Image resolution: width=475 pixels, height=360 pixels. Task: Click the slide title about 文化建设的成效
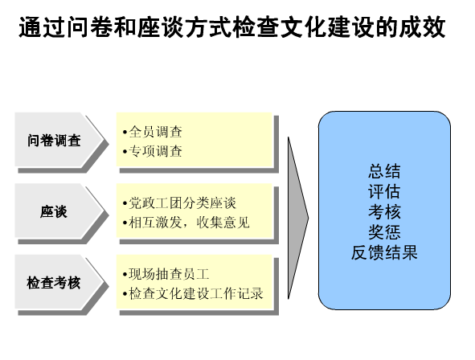click(x=232, y=27)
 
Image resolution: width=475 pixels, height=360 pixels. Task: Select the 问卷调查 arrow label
click(x=54, y=141)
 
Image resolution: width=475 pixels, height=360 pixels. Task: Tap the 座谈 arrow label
click(x=54, y=211)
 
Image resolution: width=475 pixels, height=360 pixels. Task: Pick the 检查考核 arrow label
click(x=54, y=283)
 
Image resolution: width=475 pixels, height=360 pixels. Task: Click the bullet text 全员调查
click(x=156, y=132)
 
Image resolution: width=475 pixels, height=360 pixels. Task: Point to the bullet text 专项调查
click(x=156, y=151)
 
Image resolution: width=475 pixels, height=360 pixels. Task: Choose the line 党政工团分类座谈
click(x=182, y=202)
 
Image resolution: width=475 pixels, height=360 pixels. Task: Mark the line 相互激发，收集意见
click(x=190, y=223)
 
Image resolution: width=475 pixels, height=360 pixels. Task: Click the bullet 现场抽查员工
click(x=169, y=274)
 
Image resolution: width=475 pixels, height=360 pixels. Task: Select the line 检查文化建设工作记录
click(x=196, y=293)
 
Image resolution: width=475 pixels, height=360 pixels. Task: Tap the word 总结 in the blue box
click(x=384, y=171)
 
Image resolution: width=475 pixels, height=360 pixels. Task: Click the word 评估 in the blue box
click(x=384, y=191)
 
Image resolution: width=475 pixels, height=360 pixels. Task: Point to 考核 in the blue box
click(x=384, y=211)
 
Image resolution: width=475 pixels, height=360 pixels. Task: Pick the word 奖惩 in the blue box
click(x=384, y=232)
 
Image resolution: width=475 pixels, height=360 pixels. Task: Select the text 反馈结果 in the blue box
click(x=384, y=252)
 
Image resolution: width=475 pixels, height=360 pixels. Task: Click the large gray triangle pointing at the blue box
click(x=297, y=218)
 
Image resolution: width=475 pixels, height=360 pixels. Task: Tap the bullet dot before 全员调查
click(x=125, y=133)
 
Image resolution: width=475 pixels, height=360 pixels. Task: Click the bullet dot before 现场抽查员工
click(x=125, y=275)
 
